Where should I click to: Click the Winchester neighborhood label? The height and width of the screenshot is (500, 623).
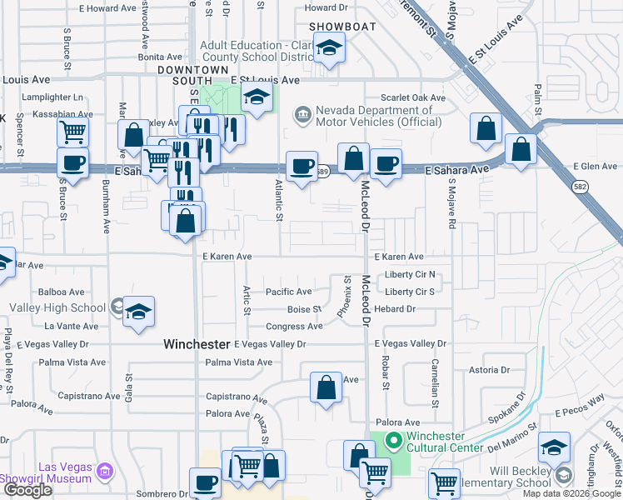coord(196,343)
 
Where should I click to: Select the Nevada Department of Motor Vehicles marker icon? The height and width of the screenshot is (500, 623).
coord(302,112)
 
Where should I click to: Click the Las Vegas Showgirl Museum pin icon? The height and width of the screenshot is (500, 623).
coord(104,472)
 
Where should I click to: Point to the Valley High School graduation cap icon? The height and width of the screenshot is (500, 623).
coord(139,311)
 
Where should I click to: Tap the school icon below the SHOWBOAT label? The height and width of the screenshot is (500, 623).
coord(330,50)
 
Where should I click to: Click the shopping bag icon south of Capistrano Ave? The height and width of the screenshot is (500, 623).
coord(326,387)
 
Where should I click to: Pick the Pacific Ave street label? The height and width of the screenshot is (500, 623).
coord(288,292)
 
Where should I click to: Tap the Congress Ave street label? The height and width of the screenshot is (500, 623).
coord(294,327)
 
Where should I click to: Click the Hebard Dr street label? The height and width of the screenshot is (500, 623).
coord(395,309)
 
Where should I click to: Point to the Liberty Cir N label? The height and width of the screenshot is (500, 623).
coord(411,275)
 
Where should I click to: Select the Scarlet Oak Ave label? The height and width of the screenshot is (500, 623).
coord(413,97)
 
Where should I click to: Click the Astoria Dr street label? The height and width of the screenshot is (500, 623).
coord(488,369)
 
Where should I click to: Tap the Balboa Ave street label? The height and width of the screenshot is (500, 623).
coord(61,292)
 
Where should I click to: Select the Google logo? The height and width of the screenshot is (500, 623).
coord(27,490)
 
